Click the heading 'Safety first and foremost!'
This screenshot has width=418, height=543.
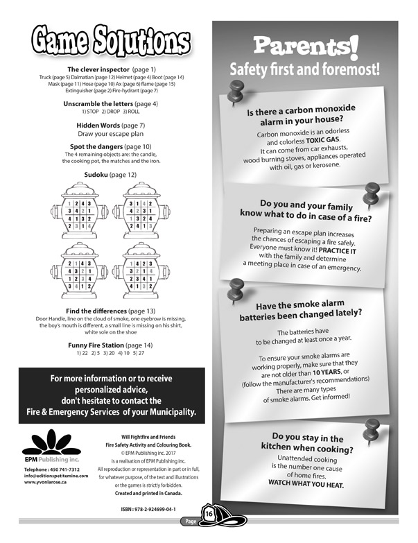(x=306, y=70)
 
